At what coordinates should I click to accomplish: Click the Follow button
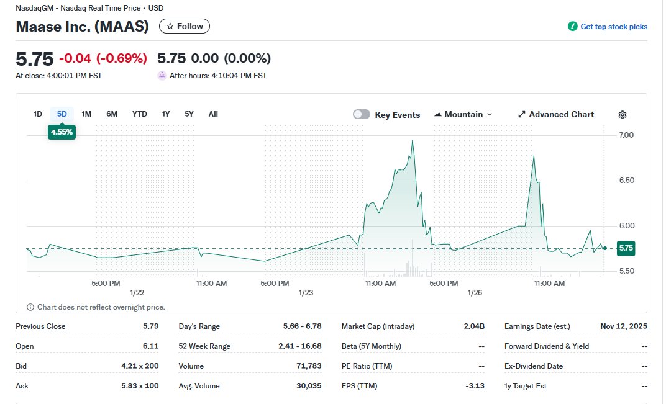[x=185, y=26]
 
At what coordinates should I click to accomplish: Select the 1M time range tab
[x=86, y=114]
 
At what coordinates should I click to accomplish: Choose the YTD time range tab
[x=140, y=114]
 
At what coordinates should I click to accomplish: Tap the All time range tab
[x=213, y=114]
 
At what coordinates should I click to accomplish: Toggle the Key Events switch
[x=362, y=115]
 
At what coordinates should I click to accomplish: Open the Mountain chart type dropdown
[x=463, y=115]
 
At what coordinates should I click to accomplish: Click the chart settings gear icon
[x=623, y=115]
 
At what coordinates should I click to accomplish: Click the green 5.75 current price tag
[x=626, y=248]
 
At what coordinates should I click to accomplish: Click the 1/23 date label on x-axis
[x=306, y=292]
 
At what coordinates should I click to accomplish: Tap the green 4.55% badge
[x=62, y=132]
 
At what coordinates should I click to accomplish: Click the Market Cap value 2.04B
[x=474, y=326]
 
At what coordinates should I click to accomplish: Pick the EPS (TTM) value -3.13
[x=475, y=386]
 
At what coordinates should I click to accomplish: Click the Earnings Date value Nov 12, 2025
[x=624, y=326]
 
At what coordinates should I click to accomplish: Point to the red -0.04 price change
[x=75, y=58]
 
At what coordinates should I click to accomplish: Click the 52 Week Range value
[x=300, y=346]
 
